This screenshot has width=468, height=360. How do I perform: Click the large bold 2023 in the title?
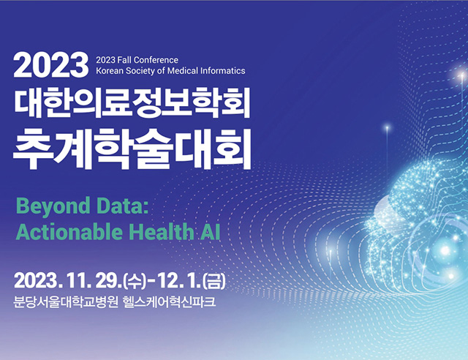tap(50, 65)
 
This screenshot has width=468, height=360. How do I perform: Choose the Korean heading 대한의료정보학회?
tap(132, 102)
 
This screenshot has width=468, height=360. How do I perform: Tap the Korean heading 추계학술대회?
tap(132, 149)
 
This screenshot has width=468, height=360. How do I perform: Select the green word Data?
tap(123, 206)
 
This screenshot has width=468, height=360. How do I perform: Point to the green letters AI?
tap(210, 232)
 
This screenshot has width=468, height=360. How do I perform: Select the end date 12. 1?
tap(179, 281)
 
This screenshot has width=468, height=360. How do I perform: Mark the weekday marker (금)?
tap(214, 281)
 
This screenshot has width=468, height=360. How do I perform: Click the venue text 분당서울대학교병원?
tap(65, 301)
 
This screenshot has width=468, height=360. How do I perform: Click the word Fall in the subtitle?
tap(124, 60)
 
